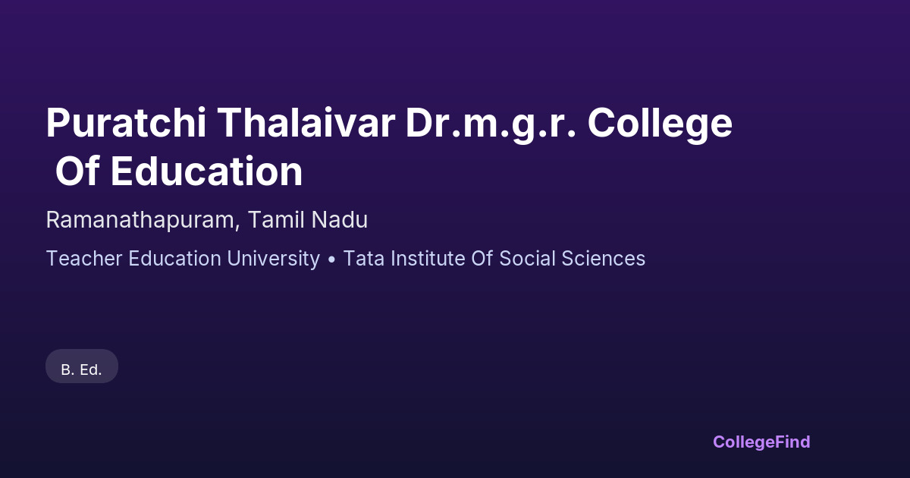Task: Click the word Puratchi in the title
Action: [126, 123]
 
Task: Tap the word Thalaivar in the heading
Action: [306, 123]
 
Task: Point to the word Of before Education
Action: [77, 171]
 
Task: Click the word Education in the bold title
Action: [207, 171]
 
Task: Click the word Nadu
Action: [339, 219]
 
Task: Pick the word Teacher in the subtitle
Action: [84, 259]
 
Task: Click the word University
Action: [274, 259]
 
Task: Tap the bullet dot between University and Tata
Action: [331, 259]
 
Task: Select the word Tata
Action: [363, 259]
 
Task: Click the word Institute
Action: [428, 259]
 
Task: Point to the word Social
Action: [527, 259]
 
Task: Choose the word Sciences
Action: [604, 259]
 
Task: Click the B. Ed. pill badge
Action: [82, 366]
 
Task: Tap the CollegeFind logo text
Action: [761, 442]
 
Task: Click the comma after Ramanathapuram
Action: [237, 227]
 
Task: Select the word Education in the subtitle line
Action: [174, 259]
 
